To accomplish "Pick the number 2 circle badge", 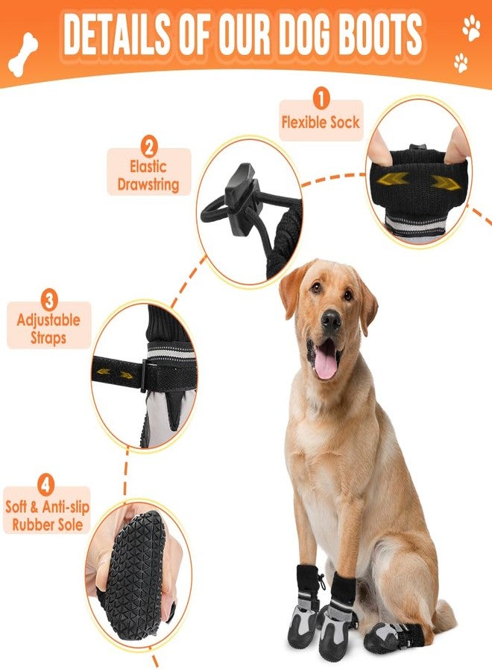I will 148,146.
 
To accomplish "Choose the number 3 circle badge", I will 49,301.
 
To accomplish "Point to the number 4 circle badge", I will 46,486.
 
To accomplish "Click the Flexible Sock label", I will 321,123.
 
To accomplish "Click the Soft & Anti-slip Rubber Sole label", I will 46,515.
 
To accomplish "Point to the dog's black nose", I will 331,319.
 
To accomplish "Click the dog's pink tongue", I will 326,366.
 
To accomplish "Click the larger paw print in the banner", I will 471,29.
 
